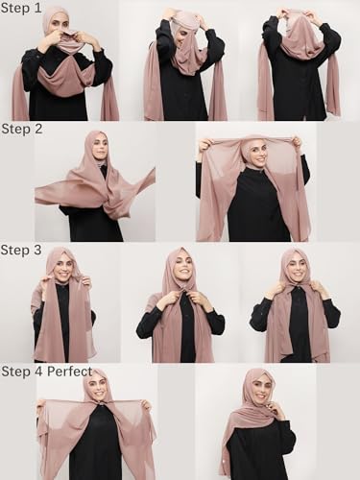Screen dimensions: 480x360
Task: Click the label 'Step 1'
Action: [21, 8]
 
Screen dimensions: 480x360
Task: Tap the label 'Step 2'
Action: [21, 128]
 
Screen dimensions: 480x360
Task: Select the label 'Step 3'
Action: [21, 250]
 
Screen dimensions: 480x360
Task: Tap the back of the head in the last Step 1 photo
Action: [300, 24]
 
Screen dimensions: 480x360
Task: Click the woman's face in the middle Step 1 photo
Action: [180, 27]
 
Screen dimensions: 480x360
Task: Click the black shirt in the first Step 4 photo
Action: [96, 451]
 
